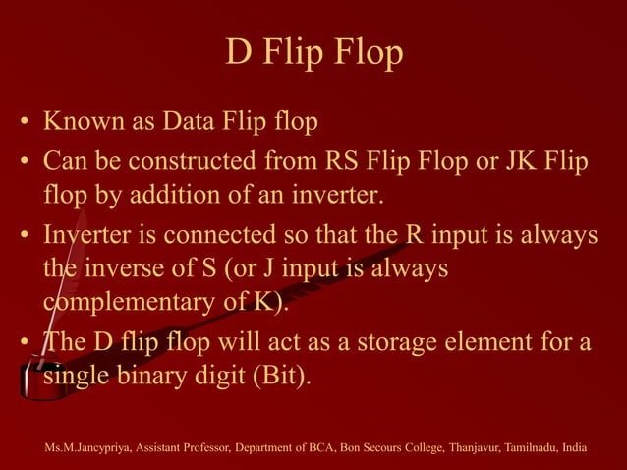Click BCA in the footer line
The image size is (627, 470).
coord(310,448)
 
